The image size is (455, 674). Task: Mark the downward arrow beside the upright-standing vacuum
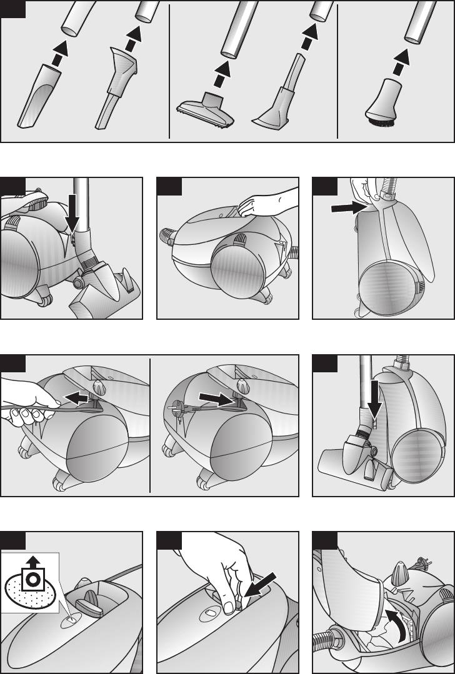(374, 400)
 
